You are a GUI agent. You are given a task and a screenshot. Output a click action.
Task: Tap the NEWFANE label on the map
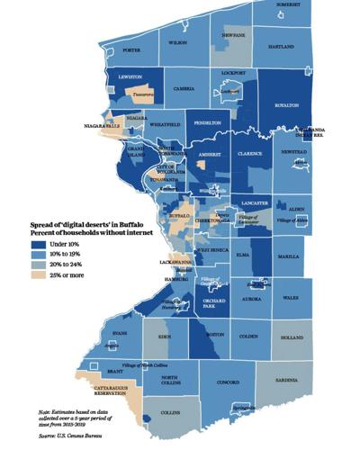coord(234,34)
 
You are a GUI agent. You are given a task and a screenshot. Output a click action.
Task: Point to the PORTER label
coord(132,50)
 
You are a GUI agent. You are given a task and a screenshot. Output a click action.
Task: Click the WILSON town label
coord(176,41)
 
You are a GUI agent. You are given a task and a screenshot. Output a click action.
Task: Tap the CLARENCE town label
coord(249,153)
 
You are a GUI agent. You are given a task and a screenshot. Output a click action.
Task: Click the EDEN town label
coord(164,336)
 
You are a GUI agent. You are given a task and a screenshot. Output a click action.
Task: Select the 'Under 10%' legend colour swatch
coord(38,242)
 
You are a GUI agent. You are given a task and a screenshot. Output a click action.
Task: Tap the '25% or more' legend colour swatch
coord(38,274)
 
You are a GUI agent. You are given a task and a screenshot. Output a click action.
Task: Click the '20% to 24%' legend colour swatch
coord(38,264)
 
